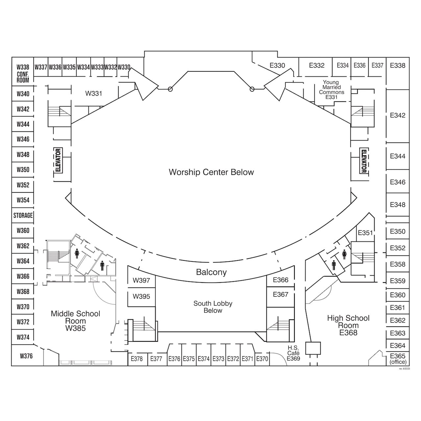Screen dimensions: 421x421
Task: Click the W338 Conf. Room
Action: (23, 73)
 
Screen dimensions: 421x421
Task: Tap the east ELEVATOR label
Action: (364, 161)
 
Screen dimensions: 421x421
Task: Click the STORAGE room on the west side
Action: (23, 215)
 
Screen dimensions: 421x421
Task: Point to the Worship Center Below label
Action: (211, 172)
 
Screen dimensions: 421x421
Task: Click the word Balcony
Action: (211, 272)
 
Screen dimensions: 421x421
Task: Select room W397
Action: (141, 281)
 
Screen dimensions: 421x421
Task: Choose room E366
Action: (281, 280)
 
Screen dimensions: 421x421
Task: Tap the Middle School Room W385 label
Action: (75, 321)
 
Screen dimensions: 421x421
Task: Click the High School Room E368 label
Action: (348, 325)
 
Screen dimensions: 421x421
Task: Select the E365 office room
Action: (398, 359)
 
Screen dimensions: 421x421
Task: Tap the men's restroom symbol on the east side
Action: (334, 265)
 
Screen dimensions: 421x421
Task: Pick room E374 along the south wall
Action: (204, 359)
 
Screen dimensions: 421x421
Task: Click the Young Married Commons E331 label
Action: (331, 90)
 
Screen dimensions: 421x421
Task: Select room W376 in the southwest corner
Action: (26, 356)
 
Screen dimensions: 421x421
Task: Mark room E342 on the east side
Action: (398, 115)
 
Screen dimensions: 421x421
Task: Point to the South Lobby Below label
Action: (213, 307)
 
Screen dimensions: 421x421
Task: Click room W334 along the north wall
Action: (84, 67)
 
